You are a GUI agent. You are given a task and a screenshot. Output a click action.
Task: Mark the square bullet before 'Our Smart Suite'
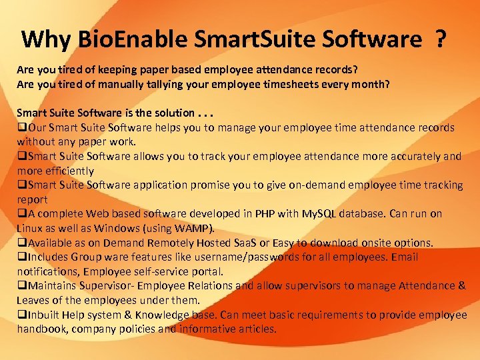pyautogui.click(x=21, y=127)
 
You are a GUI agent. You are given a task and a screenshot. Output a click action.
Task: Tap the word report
pyautogui.click(x=32, y=199)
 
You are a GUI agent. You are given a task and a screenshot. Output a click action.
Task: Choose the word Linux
pyautogui.click(x=31, y=228)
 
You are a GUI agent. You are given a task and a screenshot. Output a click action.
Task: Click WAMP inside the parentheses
pyautogui.click(x=195, y=228)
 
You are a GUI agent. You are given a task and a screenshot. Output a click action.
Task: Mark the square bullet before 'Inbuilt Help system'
pyautogui.click(x=21, y=315)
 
